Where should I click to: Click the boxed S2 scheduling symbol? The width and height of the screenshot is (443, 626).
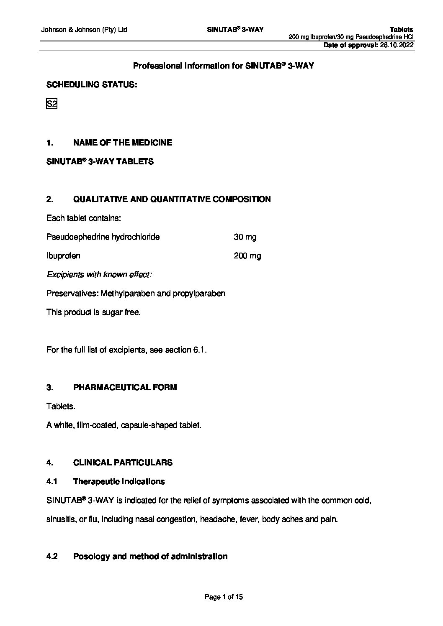pyautogui.click(x=51, y=104)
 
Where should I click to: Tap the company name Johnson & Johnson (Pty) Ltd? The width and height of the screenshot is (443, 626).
pyautogui.click(x=84, y=30)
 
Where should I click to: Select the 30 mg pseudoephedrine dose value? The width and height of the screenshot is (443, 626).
pyautogui.click(x=245, y=237)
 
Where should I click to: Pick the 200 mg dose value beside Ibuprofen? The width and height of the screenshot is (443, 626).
pyautogui.click(x=247, y=256)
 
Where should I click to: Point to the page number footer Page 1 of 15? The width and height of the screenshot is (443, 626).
pyautogui.click(x=224, y=597)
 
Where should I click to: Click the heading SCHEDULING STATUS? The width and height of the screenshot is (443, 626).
pyautogui.click(x=91, y=85)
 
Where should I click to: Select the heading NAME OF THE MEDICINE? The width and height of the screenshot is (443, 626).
pyautogui.click(x=122, y=143)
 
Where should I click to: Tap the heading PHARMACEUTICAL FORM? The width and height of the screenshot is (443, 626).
pyautogui.click(x=125, y=387)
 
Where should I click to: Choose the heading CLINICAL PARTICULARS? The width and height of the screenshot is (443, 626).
pyautogui.click(x=123, y=462)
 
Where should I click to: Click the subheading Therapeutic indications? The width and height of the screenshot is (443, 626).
pyautogui.click(x=119, y=481)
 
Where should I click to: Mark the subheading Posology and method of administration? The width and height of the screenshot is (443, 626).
pyautogui.click(x=150, y=557)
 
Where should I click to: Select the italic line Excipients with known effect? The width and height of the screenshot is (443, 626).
pyautogui.click(x=99, y=275)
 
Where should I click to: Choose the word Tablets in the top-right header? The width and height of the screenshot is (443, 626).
pyautogui.click(x=401, y=30)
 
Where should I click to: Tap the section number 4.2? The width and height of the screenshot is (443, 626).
pyautogui.click(x=52, y=557)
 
